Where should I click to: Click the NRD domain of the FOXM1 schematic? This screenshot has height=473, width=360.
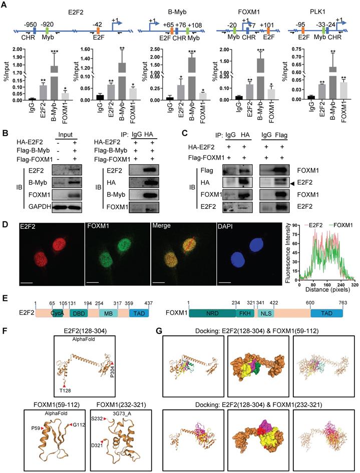(211, 312)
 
